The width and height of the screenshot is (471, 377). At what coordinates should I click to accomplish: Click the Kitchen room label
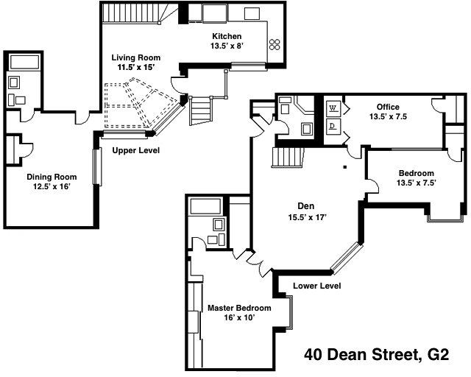pos(227,36)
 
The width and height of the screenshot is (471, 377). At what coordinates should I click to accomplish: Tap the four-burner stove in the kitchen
pos(276,45)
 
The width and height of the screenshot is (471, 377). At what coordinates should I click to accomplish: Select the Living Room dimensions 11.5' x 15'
pos(136,67)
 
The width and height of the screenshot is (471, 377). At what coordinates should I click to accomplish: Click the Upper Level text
pos(136,151)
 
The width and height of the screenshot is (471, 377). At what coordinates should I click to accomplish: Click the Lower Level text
pos(316,286)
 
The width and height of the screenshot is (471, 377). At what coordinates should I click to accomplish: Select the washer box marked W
pos(333,108)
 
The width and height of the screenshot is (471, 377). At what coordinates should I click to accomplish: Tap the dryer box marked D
pos(333,126)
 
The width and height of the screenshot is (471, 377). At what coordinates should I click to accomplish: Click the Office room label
pos(388,107)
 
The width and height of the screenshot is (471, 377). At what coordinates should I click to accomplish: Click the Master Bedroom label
pos(239,308)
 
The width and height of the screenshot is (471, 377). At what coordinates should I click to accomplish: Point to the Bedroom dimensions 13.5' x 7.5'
pos(417,183)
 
